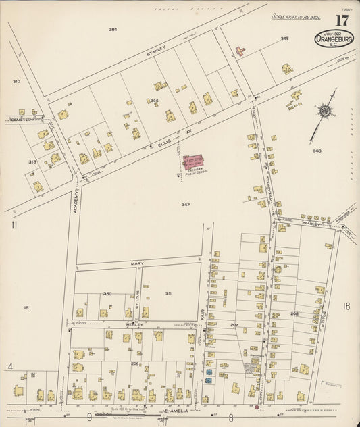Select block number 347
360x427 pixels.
pyautogui.click(x=186, y=203)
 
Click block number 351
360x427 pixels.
pyautogui.click(x=169, y=293)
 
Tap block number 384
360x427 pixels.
pyautogui.click(x=113, y=30)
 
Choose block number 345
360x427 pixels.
pyautogui.click(x=284, y=39)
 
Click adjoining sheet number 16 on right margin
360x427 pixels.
pyautogui.click(x=346, y=306)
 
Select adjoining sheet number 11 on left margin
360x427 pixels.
pyautogui.click(x=14, y=225)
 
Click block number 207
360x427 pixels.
pyautogui.click(x=234, y=325)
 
